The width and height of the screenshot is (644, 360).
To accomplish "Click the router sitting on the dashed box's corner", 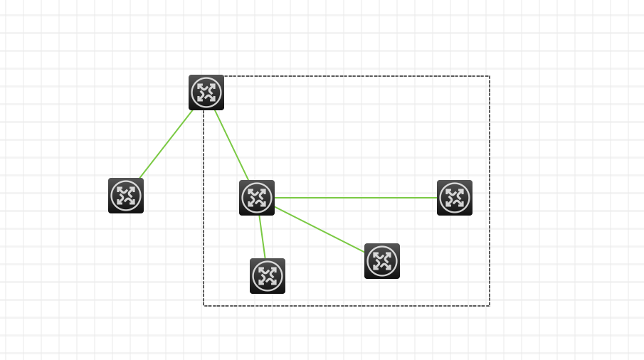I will pos(206,92).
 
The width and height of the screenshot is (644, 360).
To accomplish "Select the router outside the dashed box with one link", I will pos(126,196).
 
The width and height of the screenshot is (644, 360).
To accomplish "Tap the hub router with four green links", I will pos(257,198).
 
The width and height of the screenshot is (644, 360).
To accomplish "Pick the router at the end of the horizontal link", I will pos(455,198).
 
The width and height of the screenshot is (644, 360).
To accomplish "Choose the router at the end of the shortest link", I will pos(268,276).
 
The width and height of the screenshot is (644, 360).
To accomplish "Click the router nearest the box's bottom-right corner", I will pos(382,261).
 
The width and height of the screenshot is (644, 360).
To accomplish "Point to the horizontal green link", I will pos(356,198).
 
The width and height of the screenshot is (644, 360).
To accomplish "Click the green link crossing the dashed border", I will pos(166,144).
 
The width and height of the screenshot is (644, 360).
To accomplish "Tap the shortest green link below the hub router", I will pos(263,237).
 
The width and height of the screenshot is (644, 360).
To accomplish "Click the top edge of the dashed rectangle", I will pos(356,76).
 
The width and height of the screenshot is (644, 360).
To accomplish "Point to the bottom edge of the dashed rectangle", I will pos(356,306).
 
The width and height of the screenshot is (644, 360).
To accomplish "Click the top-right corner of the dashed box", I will pos(490,76).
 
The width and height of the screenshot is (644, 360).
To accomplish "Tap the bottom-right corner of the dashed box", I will pos(490,306).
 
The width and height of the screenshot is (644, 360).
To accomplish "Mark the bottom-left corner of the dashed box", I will pos(204,306).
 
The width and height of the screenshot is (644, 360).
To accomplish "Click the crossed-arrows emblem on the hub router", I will pos(257,198).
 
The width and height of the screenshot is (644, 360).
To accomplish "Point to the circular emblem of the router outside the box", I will pos(126,196).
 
